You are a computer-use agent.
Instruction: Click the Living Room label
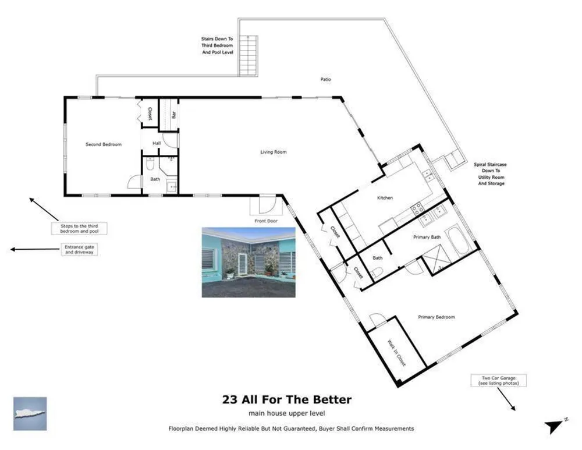[x=273, y=152]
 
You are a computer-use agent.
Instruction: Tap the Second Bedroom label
[x=104, y=144]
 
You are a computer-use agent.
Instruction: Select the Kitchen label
[x=385, y=198]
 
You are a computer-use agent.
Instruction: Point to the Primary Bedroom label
[x=436, y=317]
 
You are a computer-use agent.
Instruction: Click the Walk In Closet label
[x=396, y=353]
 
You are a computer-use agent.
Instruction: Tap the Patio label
[x=325, y=79]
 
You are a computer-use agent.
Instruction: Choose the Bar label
[x=173, y=115]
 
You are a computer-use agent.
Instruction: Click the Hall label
[x=157, y=143]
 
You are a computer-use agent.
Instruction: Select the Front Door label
[x=266, y=221]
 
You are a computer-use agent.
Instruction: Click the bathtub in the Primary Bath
[x=456, y=241]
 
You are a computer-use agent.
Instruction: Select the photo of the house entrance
[x=249, y=262]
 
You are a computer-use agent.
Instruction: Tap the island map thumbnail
[x=30, y=413]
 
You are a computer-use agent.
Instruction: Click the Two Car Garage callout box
[x=499, y=381]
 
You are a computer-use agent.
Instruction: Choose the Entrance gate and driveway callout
[x=79, y=250]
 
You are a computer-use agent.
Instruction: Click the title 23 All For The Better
[x=287, y=399]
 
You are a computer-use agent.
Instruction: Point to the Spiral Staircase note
[x=490, y=173]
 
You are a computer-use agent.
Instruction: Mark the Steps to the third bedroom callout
[x=79, y=228]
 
